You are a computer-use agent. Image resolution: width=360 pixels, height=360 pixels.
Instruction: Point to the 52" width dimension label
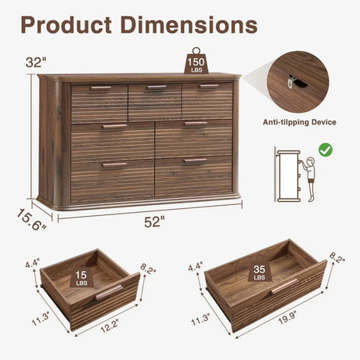(154, 221)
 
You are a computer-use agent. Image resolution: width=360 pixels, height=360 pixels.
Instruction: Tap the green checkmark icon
(325, 149)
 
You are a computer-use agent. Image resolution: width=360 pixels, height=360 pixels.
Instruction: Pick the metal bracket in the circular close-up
(293, 79)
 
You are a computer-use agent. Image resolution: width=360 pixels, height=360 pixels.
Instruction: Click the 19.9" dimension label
(287, 329)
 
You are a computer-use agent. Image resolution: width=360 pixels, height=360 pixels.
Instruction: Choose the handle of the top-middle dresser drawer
(156, 87)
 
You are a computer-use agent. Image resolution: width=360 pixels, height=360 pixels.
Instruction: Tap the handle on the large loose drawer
(283, 286)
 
